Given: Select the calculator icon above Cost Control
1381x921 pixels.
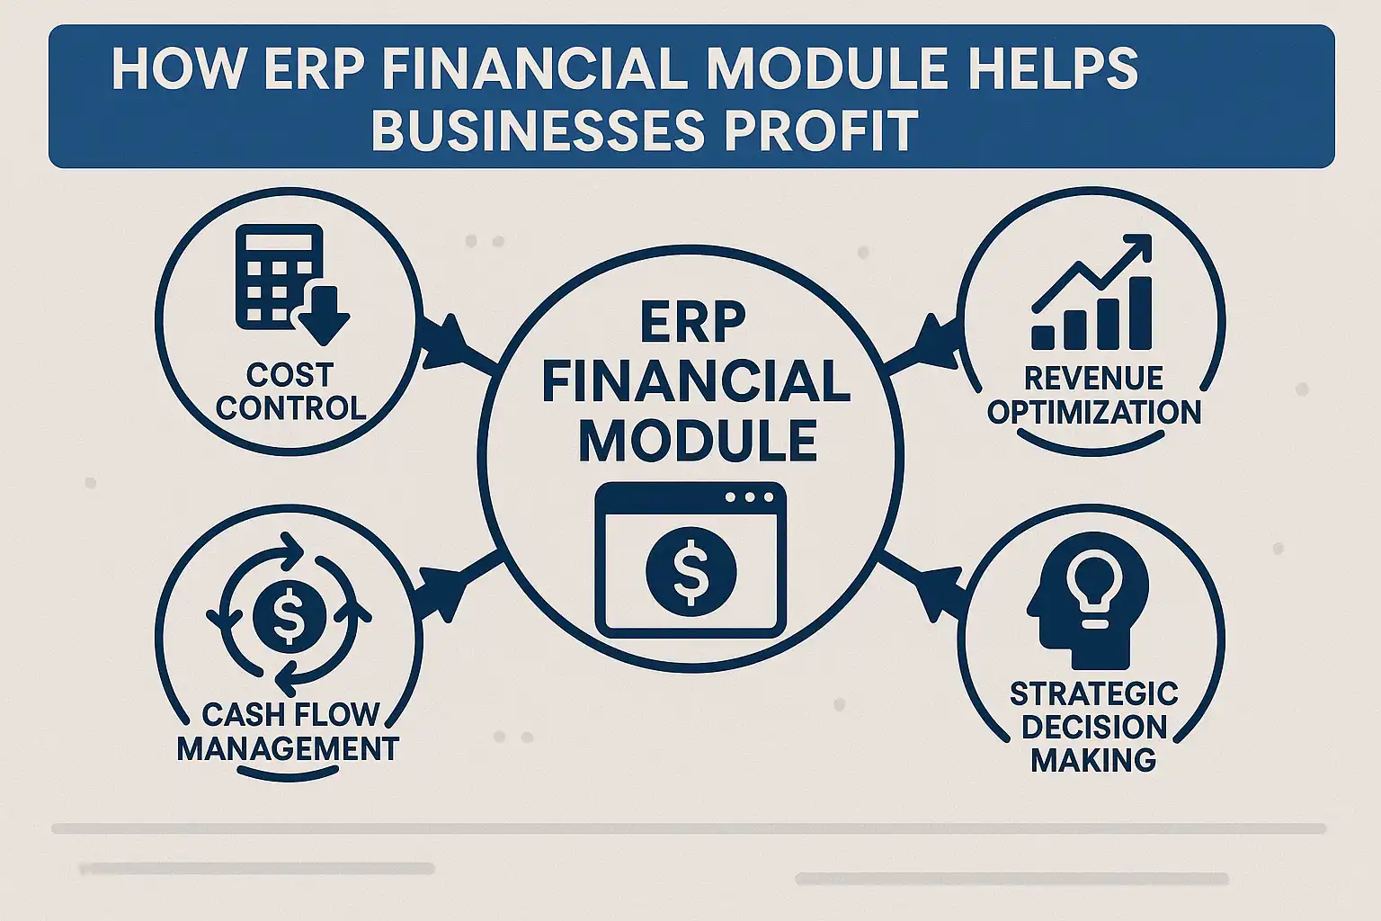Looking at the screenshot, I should tap(279, 277).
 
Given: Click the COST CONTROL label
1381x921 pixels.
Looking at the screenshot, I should tap(290, 391).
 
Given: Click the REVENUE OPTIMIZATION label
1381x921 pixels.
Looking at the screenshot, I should tap(1093, 396).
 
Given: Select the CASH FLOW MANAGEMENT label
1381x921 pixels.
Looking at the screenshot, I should tap(289, 731).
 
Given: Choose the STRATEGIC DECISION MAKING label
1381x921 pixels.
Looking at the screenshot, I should tap(1093, 727).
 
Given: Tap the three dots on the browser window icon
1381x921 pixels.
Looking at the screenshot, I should tap(748, 497).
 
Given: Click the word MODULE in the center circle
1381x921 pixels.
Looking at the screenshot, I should tap(698, 440).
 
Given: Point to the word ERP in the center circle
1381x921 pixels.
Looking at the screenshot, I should tap(692, 324).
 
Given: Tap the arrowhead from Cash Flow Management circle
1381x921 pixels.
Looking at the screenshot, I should tap(442, 589).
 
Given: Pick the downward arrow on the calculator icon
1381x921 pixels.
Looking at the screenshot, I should tap(323, 319).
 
